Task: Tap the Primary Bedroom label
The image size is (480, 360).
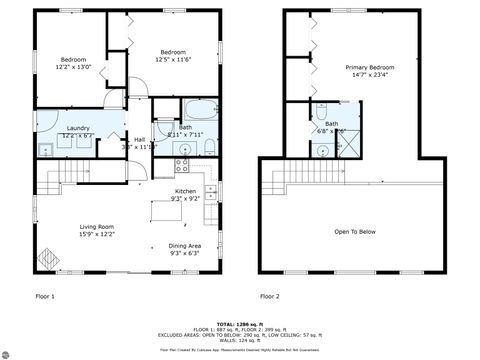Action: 368,68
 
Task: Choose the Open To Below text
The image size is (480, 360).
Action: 355,231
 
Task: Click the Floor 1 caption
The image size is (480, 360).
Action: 45,296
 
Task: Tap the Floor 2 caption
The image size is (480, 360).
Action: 269,296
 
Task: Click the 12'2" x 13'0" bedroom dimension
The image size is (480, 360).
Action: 74,66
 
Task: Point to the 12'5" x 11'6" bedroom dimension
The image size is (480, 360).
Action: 173,58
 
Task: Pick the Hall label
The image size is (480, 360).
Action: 139,139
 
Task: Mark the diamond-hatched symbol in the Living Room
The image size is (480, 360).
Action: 47,257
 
